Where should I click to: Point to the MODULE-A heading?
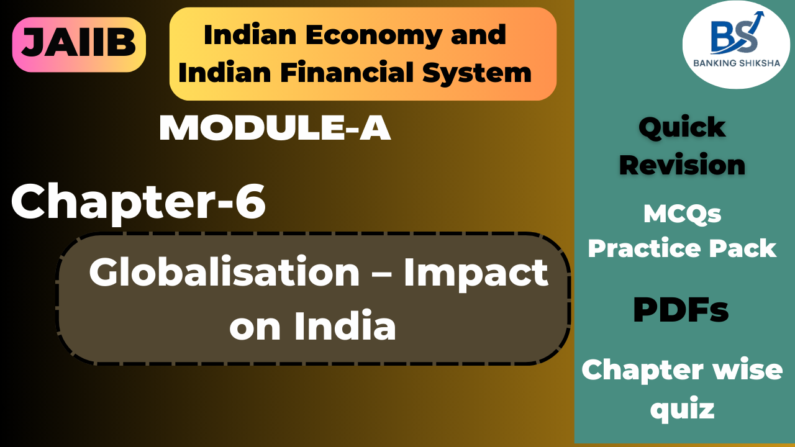275,129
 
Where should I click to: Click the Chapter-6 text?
138,202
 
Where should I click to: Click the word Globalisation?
224,273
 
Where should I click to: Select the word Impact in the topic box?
476,273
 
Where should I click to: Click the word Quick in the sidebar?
681,128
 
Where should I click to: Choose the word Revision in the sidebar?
682,165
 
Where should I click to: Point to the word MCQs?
682,215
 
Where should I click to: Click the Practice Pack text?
682,248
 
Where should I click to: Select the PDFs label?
681,310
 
